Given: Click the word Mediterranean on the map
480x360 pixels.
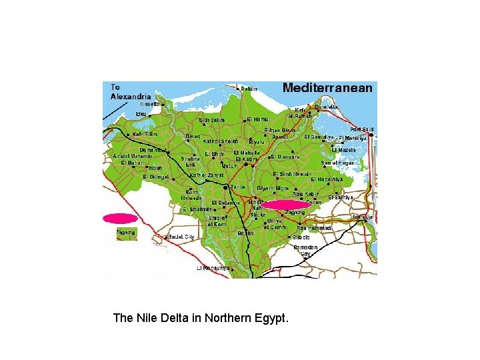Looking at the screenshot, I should tap(327, 88).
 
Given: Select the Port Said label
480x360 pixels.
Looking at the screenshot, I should tap(363, 129).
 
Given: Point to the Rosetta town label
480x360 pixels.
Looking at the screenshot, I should tap(149, 104).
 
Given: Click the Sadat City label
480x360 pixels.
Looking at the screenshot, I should tap(181, 237).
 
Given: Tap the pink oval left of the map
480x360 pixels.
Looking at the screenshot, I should tap(120, 218).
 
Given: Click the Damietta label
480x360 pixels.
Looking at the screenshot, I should tap(326, 107).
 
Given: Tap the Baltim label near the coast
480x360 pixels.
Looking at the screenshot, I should tap(249, 89).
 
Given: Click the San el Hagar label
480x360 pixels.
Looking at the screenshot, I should tap(337, 163).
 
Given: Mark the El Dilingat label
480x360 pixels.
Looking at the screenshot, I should tap(156, 177).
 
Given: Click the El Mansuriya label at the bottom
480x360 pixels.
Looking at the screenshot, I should tap(213, 268).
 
